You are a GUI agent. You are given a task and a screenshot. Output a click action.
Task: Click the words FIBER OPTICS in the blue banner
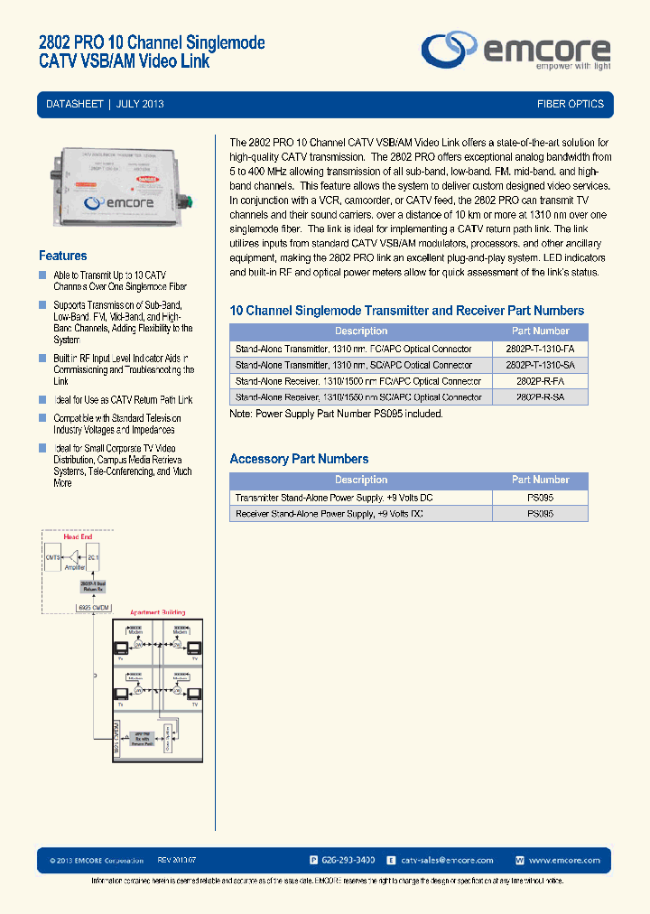(x=571, y=105)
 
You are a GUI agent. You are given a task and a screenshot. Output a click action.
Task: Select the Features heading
(x=63, y=256)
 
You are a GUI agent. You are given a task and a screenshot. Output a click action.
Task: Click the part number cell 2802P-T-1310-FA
(x=540, y=349)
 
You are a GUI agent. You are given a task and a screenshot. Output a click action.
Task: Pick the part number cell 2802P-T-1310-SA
(x=540, y=365)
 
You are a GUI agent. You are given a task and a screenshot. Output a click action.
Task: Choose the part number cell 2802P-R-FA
(x=540, y=381)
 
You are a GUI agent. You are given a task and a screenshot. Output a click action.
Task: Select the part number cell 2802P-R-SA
(x=540, y=397)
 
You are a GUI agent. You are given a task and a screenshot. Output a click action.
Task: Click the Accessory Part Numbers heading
(x=299, y=459)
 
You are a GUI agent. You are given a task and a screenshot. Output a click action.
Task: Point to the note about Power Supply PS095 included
(x=337, y=414)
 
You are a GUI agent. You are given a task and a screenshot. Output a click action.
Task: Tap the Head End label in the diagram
(x=78, y=537)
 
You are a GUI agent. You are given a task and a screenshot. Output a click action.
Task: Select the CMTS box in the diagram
(x=53, y=557)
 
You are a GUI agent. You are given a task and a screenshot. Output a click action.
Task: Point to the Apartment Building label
(x=158, y=612)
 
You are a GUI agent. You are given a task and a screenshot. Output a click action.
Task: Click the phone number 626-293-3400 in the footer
(x=347, y=861)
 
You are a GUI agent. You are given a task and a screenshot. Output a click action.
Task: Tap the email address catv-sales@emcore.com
(x=446, y=861)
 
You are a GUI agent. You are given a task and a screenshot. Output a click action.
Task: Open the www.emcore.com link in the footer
(x=564, y=861)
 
